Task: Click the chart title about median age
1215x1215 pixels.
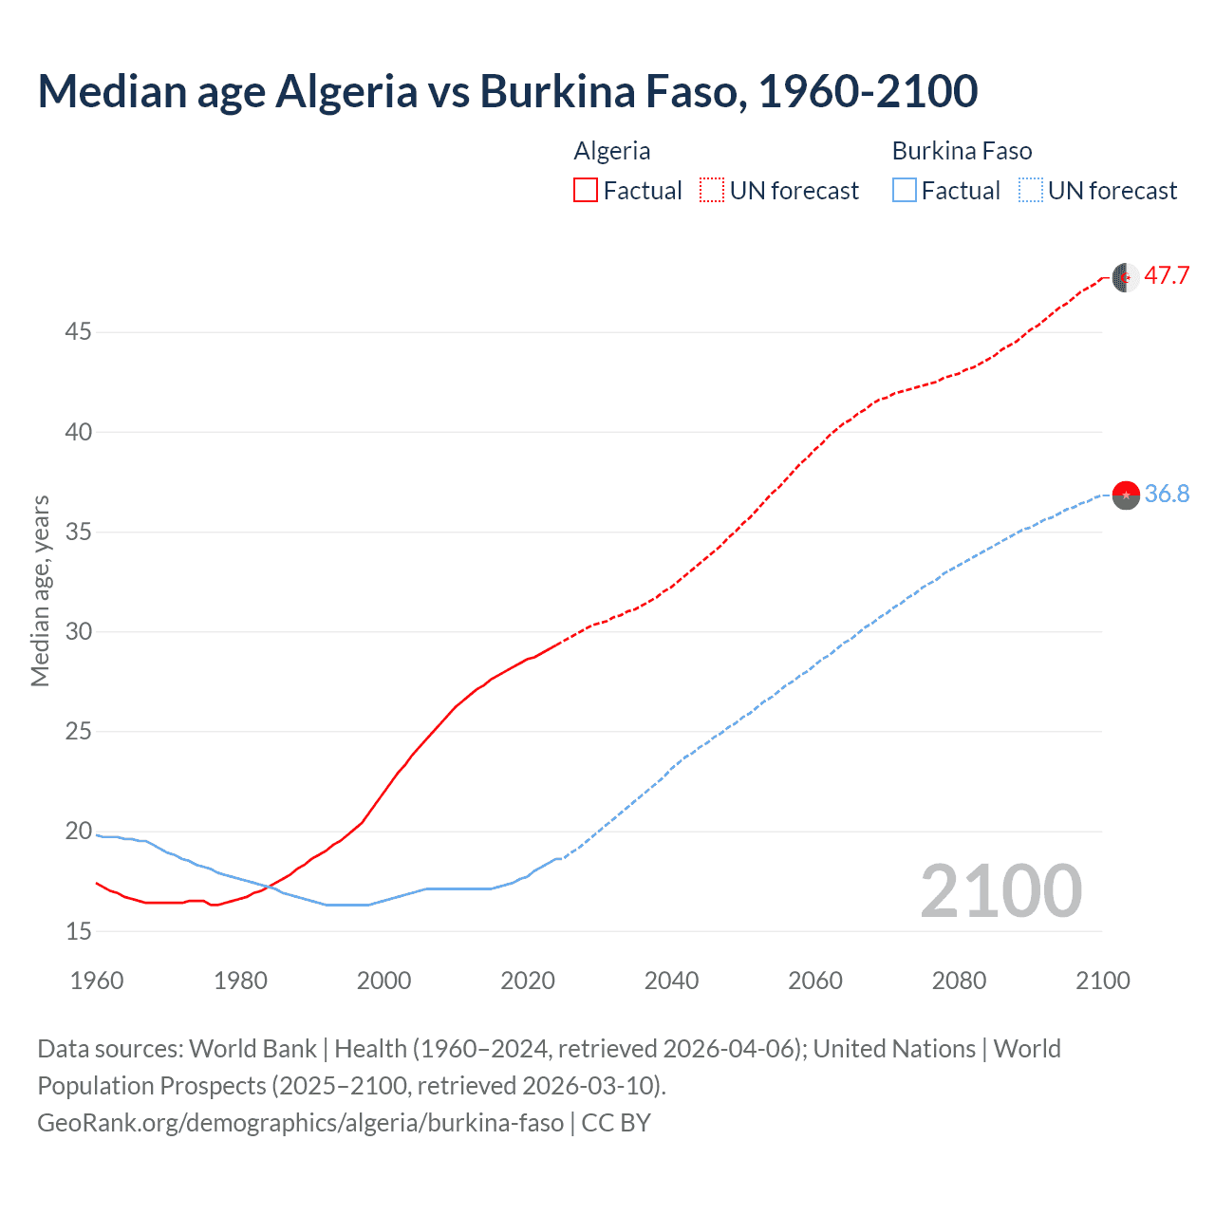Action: pyautogui.click(x=507, y=91)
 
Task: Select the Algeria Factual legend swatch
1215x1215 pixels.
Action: pyautogui.click(x=586, y=191)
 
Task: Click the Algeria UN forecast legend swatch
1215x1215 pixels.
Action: pyautogui.click(x=712, y=191)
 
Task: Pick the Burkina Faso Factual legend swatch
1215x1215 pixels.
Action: pyautogui.click(x=905, y=191)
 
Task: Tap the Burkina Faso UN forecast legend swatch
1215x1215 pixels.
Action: pyautogui.click(x=1031, y=191)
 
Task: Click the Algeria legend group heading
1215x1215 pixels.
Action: pyautogui.click(x=612, y=151)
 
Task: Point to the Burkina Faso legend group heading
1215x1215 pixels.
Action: pyautogui.click(x=962, y=151)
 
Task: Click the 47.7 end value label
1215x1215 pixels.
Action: pyautogui.click(x=1167, y=276)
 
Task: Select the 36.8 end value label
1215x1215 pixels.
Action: pyautogui.click(x=1167, y=494)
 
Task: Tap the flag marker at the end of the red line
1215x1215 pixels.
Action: pyautogui.click(x=1126, y=277)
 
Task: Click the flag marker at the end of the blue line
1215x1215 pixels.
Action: pyautogui.click(x=1126, y=495)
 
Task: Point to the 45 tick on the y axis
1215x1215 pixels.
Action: pyautogui.click(x=78, y=332)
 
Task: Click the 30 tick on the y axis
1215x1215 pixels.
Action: pyautogui.click(x=78, y=631)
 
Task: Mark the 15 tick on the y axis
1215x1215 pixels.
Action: pyautogui.click(x=78, y=931)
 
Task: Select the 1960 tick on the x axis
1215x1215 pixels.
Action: pyautogui.click(x=97, y=981)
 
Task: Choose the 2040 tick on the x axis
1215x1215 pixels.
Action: pyautogui.click(x=671, y=981)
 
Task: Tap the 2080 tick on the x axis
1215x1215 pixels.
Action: pyautogui.click(x=959, y=981)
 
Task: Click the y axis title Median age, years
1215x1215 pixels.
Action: pyautogui.click(x=40, y=590)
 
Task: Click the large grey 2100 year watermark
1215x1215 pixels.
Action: pyautogui.click(x=1000, y=890)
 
